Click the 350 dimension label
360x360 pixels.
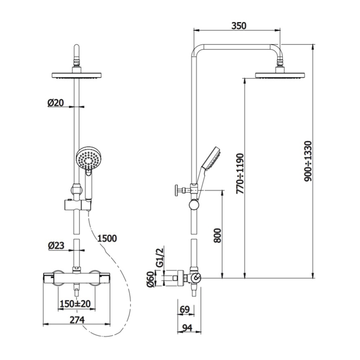pyautogui.click(x=239, y=26)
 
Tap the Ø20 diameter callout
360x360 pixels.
pyautogui.click(x=55, y=103)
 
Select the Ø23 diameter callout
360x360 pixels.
pyautogui.click(x=56, y=246)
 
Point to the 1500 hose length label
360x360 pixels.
pyautogui.click(x=107, y=238)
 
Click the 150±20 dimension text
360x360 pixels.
pyautogui.click(x=75, y=304)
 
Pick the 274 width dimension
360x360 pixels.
pyautogui.click(x=77, y=320)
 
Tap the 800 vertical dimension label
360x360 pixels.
pyautogui.click(x=217, y=235)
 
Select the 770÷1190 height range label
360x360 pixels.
pyautogui.click(x=240, y=174)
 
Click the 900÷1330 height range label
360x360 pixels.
pyautogui.click(x=308, y=161)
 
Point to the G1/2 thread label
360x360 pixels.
pyautogui.click(x=160, y=257)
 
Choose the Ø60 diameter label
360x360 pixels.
pyautogui.click(x=150, y=279)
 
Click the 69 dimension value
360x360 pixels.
pyautogui.click(x=185, y=310)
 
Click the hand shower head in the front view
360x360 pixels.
pyautogui.click(x=88, y=158)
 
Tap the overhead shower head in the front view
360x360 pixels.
pyautogui.click(x=77, y=75)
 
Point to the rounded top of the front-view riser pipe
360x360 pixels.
pyautogui.click(x=77, y=47)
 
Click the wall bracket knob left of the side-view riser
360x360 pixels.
pyautogui.click(x=177, y=190)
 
